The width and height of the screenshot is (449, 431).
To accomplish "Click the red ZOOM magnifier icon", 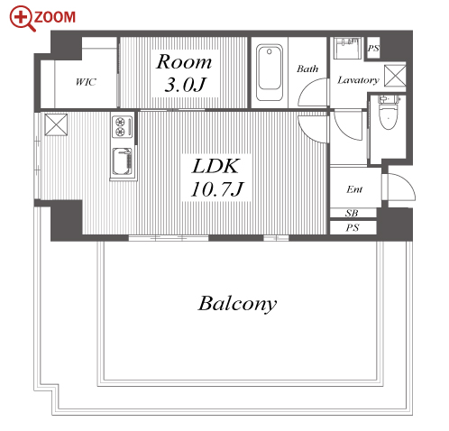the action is coord(22,18).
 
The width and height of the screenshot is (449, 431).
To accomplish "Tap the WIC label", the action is coord(86,82).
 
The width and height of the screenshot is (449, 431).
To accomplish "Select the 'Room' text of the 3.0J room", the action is coord(184,61).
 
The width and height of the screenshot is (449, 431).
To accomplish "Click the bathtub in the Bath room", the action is coord(270,72).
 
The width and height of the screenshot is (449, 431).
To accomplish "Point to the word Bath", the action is coord(307,69).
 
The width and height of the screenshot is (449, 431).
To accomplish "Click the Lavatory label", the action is coord(358,80).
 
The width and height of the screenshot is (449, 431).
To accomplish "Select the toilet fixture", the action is coord(389,112).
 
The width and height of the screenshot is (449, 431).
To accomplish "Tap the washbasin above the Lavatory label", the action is coord(347,49).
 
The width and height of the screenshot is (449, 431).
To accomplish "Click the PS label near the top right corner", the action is coord(373,48).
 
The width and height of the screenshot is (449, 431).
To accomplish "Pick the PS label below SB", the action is coord(353,227).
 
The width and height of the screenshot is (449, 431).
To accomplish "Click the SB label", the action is coord(352,213).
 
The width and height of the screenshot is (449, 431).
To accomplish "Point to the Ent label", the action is coord(354,189).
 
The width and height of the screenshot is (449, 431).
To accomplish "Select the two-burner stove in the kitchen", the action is coord(123,126).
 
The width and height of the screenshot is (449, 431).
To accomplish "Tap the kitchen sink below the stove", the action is coord(123,161).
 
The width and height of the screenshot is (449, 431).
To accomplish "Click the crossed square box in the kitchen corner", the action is coord(56,124).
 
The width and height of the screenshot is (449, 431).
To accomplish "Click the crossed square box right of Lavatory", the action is coord(395,76).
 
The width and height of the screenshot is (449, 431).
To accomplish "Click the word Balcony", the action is coord(237,304).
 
